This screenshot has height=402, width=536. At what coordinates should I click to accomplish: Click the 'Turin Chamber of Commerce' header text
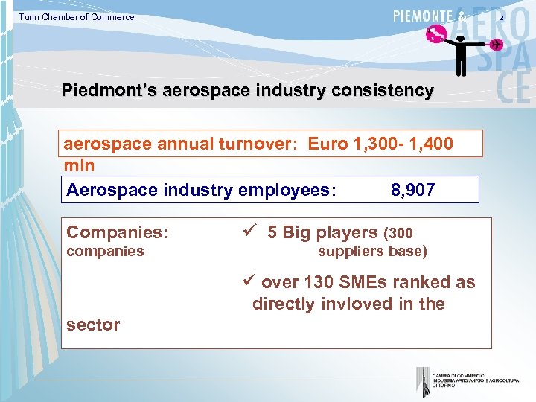77,17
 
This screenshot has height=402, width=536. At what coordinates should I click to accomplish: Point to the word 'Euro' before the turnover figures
328,144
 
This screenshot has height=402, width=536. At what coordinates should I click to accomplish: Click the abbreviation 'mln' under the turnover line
78,164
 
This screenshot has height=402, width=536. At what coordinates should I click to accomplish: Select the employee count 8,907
412,191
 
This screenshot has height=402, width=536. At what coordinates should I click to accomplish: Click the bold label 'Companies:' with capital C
118,233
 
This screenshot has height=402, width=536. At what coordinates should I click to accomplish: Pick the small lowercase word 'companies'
105,252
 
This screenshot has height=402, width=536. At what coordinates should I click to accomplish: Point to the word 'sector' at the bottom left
92,325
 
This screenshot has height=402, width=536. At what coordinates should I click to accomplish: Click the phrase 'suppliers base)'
372,252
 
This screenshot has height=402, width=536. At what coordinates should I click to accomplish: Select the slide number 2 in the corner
522,16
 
